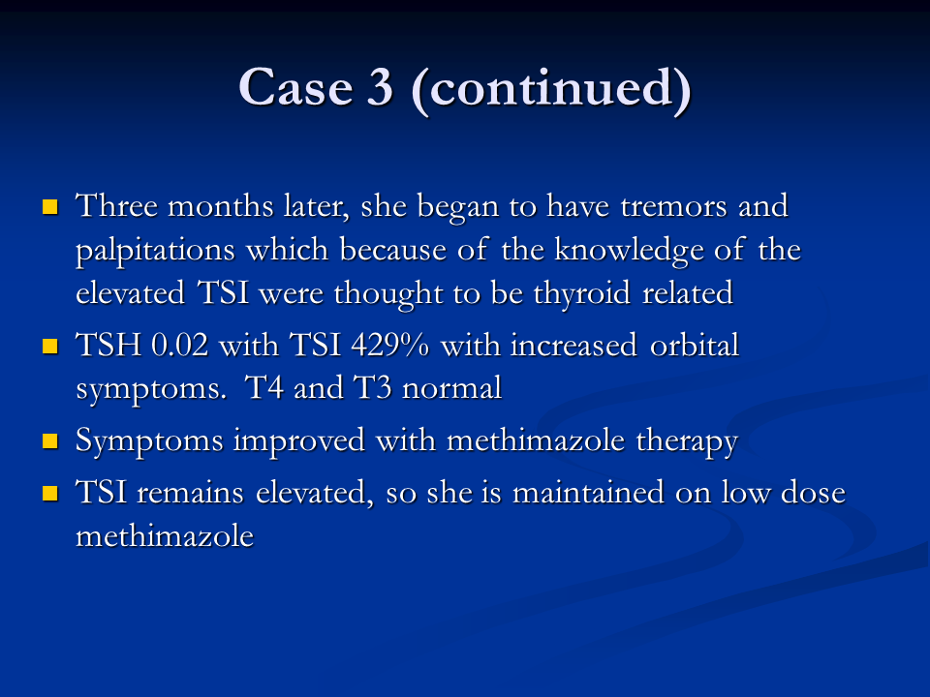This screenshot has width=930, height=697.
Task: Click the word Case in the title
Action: point(296,87)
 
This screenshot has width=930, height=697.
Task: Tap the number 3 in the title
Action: point(380,87)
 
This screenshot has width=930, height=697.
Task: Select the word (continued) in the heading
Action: point(551,89)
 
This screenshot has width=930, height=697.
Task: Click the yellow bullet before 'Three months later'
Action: point(50,206)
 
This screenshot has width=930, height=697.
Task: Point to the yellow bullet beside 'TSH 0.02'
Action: point(50,346)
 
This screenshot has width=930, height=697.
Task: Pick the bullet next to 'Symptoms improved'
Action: point(50,441)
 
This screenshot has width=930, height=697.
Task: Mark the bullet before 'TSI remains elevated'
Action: point(50,493)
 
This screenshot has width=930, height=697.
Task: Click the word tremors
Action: point(674,207)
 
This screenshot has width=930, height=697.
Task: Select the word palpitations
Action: point(155,251)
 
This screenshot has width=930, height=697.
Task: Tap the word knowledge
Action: point(629,251)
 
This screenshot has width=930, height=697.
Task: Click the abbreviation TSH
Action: point(108,345)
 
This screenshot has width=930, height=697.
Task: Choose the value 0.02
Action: point(180,345)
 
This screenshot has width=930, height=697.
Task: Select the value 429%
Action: point(389,345)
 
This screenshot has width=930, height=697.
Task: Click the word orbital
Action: point(695,345)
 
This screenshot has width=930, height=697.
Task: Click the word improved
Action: point(299,441)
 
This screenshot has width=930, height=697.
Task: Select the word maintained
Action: point(588,493)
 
